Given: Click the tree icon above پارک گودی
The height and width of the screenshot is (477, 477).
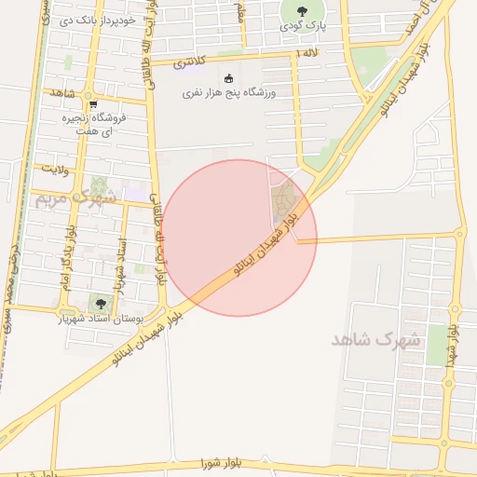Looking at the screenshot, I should [x=301, y=12].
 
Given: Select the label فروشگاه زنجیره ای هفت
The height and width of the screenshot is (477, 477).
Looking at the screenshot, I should [x=106, y=126].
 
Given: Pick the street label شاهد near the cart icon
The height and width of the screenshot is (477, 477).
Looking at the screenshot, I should [x=62, y=93].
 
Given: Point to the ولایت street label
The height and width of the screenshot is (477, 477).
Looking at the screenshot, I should [x=54, y=168].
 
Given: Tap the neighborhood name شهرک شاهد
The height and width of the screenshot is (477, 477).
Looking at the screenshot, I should [x=375, y=339].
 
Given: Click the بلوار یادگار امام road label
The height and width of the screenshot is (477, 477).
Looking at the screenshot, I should [x=67, y=256].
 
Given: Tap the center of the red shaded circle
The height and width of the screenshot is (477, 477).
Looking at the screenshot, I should [x=240, y=238].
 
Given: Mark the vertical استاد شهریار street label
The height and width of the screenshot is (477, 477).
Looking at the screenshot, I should [x=119, y=266].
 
